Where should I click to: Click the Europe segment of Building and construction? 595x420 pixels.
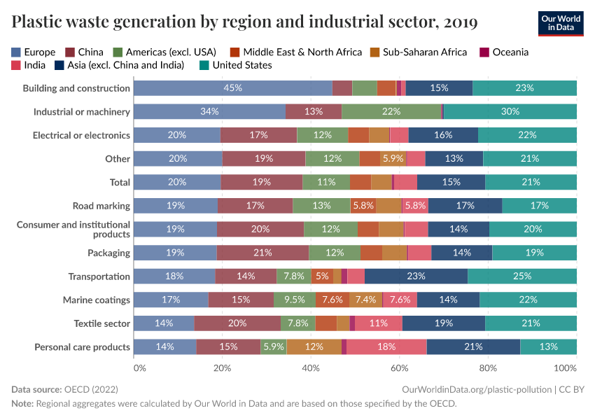pos(232,88)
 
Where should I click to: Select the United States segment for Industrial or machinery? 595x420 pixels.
pos(510,111)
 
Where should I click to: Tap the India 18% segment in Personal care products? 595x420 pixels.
pos(386,347)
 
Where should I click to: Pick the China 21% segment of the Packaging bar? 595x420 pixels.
pos(262,253)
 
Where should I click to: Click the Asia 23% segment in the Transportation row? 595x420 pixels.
pos(416,276)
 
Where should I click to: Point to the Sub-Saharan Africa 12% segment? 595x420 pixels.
pos(314,347)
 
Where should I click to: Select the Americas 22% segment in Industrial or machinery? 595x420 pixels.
pos(391,111)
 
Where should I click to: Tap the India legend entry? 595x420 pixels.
pos(29,65)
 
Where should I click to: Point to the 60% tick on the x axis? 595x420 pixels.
pos(400,367)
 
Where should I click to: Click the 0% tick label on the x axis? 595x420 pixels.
pos(139,367)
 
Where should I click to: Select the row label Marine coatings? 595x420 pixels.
pos(97,300)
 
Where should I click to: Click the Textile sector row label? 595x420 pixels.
pos(102,323)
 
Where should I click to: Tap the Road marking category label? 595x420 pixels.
pos(101,206)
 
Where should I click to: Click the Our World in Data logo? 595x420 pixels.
pos(561,23)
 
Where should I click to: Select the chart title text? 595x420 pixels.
pos(244,22)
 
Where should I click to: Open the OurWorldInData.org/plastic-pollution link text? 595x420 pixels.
pos(477,388)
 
